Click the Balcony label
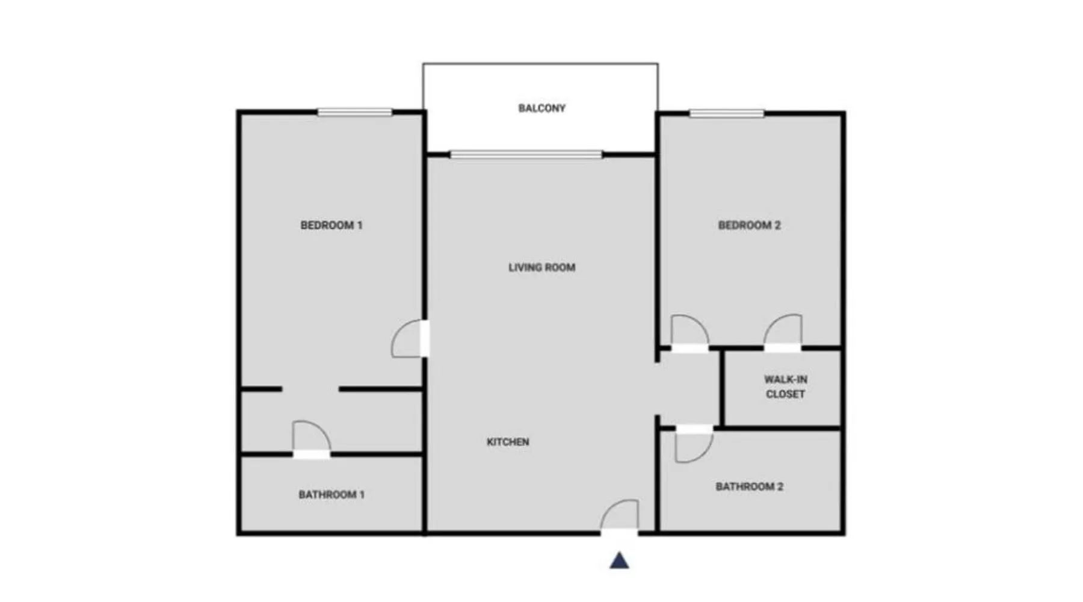[x=541, y=108]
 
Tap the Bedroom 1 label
[x=332, y=225]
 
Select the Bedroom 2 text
[x=749, y=225]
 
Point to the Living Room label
[x=541, y=267]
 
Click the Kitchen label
[x=508, y=442]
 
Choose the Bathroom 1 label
[x=332, y=495]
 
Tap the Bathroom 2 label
[x=749, y=486]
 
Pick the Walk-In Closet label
[x=785, y=386]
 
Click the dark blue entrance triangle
[x=619, y=560]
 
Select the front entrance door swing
[x=620, y=515]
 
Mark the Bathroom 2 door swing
[x=694, y=445]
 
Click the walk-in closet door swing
[x=783, y=331]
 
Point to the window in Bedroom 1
[x=355, y=112]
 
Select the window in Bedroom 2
[x=727, y=113]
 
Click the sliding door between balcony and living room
[x=526, y=155]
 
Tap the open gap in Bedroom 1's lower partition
[x=310, y=389]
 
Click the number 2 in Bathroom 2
[x=780, y=486]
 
